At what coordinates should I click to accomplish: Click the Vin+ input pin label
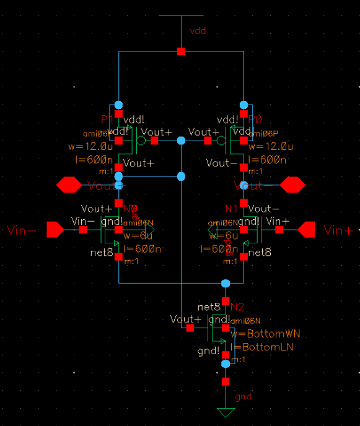(338, 231)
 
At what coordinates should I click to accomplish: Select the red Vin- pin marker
(55, 230)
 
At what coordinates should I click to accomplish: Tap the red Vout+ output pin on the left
(69, 185)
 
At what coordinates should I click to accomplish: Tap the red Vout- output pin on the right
(292, 185)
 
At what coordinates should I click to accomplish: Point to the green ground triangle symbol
(226, 413)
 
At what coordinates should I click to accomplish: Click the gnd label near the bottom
(244, 397)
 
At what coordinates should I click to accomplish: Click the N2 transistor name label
(237, 307)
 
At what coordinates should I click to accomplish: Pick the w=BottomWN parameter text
(265, 334)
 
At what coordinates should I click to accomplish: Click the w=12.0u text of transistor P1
(90, 147)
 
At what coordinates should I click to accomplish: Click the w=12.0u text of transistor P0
(268, 147)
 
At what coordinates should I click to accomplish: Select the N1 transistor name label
(231, 209)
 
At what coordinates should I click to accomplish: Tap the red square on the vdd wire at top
(181, 51)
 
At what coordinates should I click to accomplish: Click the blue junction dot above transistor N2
(226, 284)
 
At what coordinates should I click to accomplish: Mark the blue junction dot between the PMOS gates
(181, 141)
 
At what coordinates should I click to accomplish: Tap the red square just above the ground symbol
(226, 381)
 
